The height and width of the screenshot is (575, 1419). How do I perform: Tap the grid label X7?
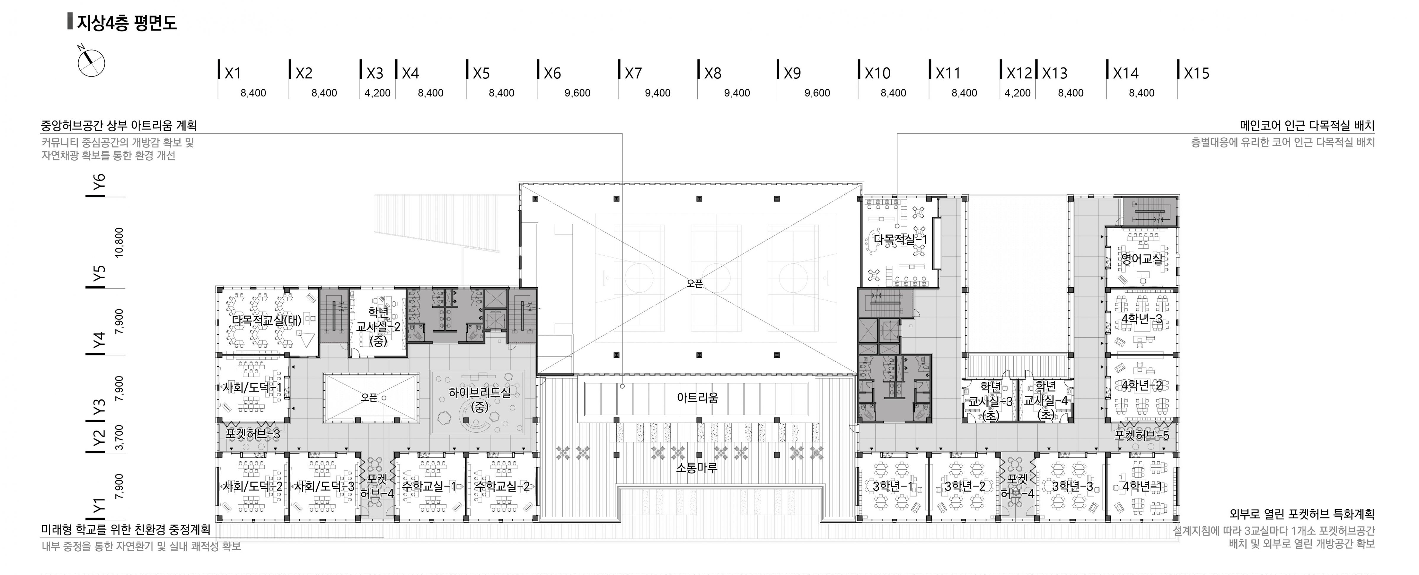click(634, 73)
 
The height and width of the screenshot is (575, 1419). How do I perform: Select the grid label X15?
click(1196, 73)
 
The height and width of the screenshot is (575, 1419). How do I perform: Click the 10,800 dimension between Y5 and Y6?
click(119, 243)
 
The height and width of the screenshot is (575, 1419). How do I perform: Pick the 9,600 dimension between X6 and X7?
click(577, 93)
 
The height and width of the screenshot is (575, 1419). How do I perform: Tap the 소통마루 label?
click(697, 468)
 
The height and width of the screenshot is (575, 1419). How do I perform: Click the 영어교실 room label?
click(1142, 259)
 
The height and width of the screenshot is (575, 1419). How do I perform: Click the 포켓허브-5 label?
click(1141, 435)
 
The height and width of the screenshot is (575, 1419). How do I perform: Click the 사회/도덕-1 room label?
click(252, 388)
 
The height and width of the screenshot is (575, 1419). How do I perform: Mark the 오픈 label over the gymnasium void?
click(695, 284)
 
